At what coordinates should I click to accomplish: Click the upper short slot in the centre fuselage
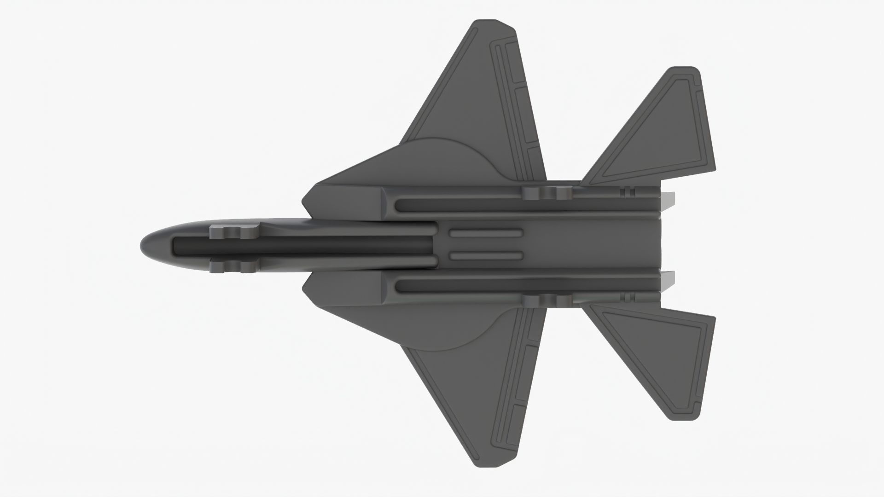click(x=486, y=233)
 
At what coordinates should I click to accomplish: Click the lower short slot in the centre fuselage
click(x=486, y=256)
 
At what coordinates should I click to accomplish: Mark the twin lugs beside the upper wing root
click(x=547, y=193)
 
